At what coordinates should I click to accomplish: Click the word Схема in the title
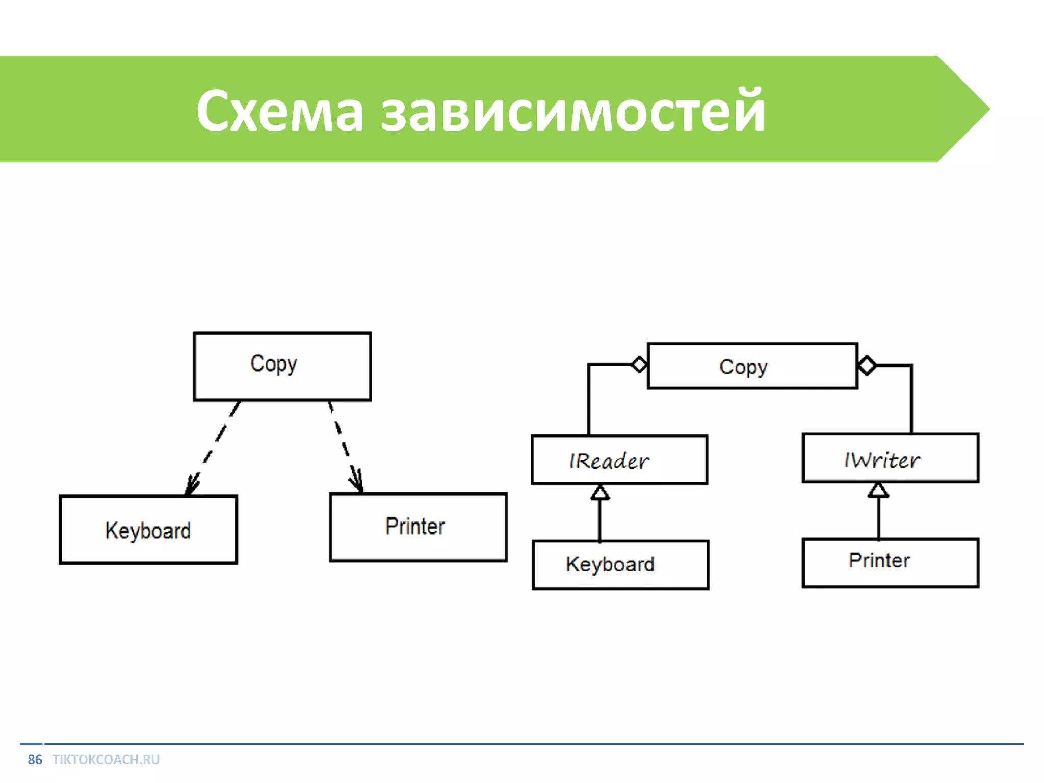point(280,111)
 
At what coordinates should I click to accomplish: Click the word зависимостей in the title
point(573,111)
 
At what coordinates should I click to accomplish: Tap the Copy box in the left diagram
point(282,367)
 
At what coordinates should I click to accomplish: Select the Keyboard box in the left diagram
point(148,530)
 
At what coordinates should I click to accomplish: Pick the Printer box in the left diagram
point(418,527)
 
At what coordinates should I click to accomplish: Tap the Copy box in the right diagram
point(752,367)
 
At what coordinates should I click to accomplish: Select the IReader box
point(619,460)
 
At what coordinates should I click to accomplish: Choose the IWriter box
point(890,458)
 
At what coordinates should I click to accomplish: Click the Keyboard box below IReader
point(620,565)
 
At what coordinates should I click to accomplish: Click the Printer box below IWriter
point(890,563)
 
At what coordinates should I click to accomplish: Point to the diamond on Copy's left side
point(639,364)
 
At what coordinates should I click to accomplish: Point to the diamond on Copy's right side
point(867,366)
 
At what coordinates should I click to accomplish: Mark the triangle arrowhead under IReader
point(600,492)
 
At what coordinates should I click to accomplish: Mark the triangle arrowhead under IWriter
point(878,490)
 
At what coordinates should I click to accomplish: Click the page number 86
point(35,760)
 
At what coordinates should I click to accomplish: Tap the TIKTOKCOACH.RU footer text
point(106,760)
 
